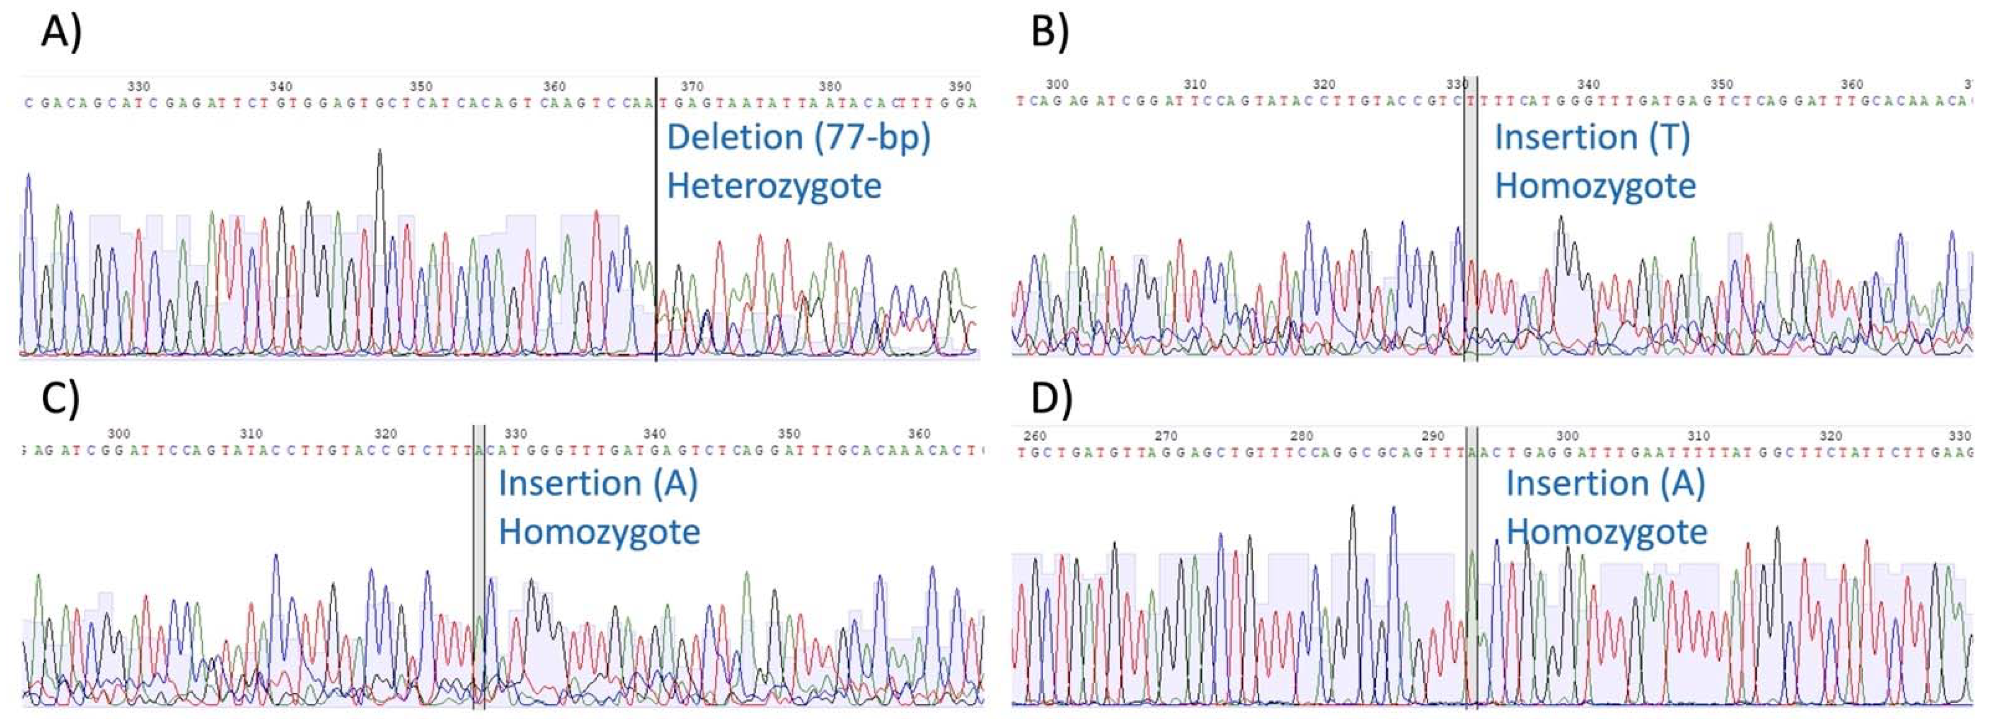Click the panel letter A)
(61, 32)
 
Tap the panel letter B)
(1050, 32)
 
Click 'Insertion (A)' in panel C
(598, 483)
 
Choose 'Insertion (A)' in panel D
(1605, 483)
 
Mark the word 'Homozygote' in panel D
(1606, 532)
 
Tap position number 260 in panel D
(1035, 436)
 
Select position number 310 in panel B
(1195, 84)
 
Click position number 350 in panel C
(789, 434)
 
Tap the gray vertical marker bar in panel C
(479, 565)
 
